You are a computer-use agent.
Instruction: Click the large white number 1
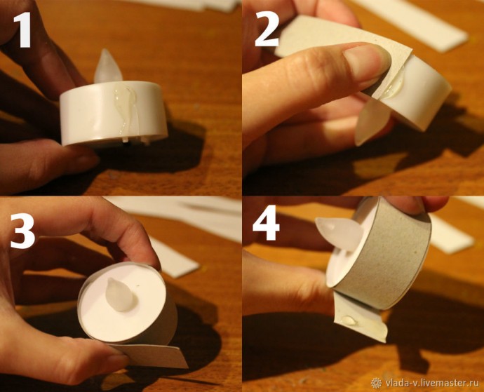[x=22, y=29]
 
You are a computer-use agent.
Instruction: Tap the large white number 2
[x=267, y=29]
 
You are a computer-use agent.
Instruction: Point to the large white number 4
[x=266, y=222]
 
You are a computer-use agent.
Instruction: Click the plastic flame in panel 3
[x=119, y=295]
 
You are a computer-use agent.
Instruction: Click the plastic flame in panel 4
[x=339, y=232]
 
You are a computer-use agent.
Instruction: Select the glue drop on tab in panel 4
[x=349, y=320]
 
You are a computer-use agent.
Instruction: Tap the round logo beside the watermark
[x=376, y=383]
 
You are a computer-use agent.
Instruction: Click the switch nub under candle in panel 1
[x=125, y=140]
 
